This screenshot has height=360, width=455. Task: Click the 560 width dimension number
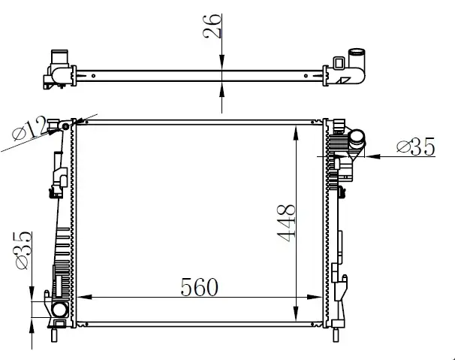(x=199, y=287)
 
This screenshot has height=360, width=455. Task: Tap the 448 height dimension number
(x=286, y=223)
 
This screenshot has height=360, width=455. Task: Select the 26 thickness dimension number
(x=212, y=26)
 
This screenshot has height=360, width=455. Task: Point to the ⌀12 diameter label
(x=29, y=129)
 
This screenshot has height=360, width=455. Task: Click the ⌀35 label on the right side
(x=416, y=147)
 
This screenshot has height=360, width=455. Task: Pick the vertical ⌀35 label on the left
(x=23, y=250)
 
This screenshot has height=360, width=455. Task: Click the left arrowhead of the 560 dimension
(x=84, y=297)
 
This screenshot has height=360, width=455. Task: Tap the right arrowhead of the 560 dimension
(x=315, y=297)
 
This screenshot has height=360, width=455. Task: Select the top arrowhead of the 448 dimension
(x=296, y=133)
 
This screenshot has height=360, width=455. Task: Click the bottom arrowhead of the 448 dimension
(x=296, y=314)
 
